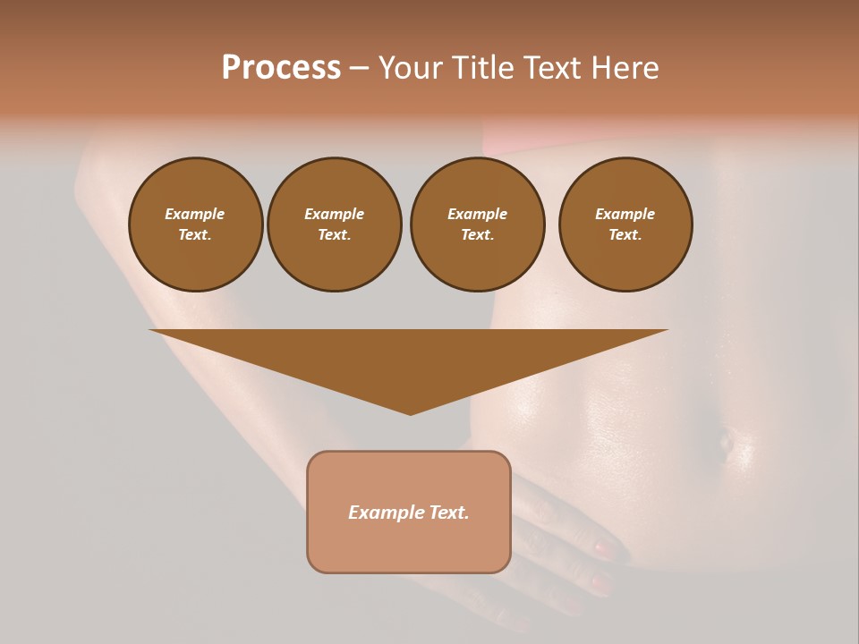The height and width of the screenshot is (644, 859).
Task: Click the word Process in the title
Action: tap(281, 68)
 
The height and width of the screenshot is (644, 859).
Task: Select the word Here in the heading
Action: tap(625, 68)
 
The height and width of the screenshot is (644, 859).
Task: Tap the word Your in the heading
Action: tap(412, 68)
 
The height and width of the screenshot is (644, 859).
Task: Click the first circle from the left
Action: tap(196, 225)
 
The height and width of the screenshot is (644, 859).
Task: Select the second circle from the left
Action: tap(335, 225)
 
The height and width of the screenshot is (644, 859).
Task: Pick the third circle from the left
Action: tap(477, 225)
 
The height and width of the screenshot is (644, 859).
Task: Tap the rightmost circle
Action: tap(625, 225)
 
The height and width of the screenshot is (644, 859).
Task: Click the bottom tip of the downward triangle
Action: tap(410, 413)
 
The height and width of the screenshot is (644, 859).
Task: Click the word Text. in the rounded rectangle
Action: tap(449, 513)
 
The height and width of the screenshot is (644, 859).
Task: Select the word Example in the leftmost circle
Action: tap(195, 214)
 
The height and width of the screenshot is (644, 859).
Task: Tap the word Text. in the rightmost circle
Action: tap(625, 235)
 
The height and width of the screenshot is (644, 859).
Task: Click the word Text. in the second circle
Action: tap(335, 235)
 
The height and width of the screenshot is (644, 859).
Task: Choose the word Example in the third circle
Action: tap(477, 214)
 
